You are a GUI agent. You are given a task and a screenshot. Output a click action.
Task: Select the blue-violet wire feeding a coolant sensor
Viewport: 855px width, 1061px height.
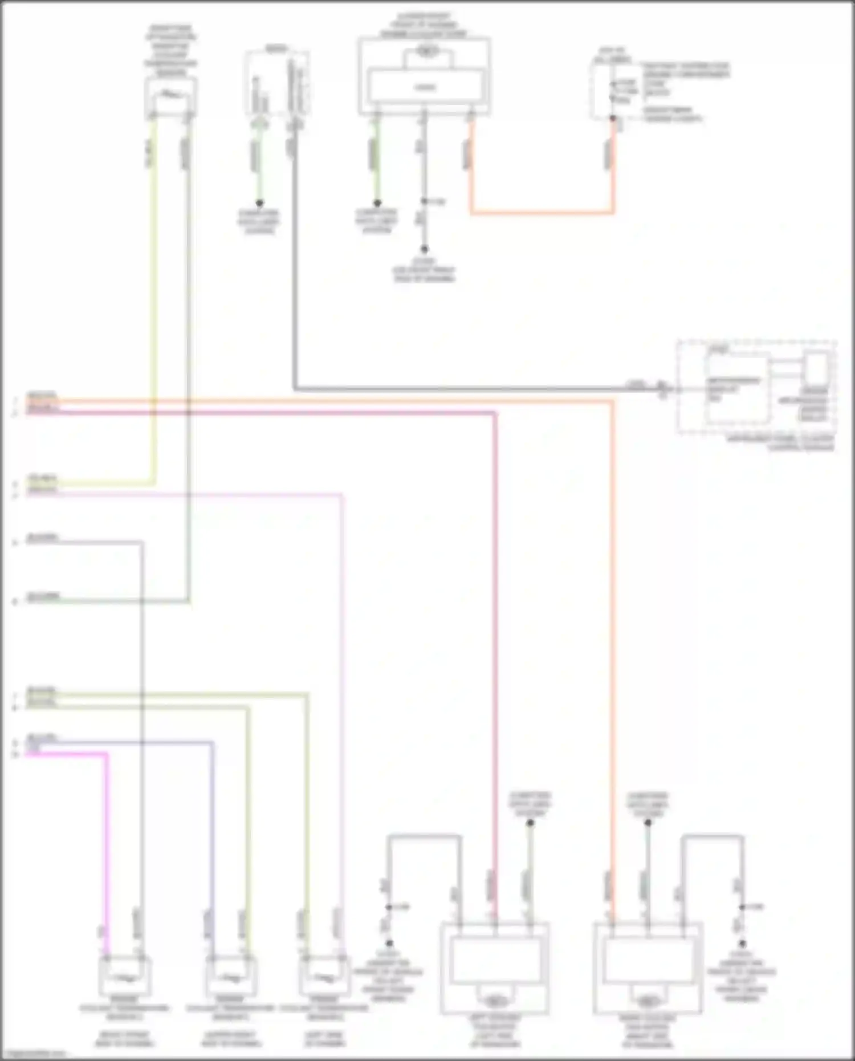pos(212,827)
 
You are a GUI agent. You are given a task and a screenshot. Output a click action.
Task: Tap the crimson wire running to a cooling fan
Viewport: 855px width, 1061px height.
pos(495,627)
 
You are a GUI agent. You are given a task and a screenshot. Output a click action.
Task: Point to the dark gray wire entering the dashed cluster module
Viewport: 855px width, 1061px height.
pos(456,389)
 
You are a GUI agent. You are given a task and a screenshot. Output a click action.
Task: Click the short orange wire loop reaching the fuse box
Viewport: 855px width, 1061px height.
pos(541,213)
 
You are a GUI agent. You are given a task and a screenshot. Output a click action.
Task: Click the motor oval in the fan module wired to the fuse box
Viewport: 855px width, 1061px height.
pos(425,52)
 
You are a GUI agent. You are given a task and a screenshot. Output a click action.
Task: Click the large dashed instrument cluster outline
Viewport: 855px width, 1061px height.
pos(756,388)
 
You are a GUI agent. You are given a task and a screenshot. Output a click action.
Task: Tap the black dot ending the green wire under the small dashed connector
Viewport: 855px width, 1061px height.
pos(259,203)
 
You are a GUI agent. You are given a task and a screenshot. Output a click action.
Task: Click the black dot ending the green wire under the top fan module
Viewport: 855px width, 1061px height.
pos(377,203)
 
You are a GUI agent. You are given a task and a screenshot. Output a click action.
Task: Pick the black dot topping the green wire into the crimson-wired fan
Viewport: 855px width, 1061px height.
pos(530,823)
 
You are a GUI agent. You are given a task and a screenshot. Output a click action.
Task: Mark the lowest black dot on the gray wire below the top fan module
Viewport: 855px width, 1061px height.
pos(424,249)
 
